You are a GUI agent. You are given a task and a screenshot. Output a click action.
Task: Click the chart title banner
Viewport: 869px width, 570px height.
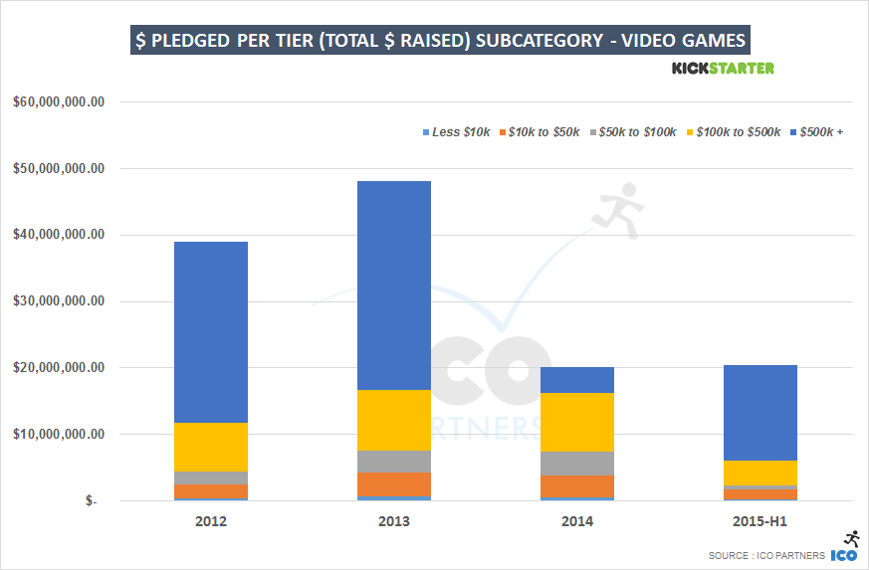[x=440, y=42]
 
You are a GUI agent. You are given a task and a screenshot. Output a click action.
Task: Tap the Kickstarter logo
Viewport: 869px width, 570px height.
[x=723, y=68]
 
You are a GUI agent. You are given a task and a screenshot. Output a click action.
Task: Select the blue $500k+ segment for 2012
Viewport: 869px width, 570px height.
[x=210, y=331]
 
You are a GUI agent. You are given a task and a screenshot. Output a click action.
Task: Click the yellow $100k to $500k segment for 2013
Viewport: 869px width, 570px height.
[x=394, y=420]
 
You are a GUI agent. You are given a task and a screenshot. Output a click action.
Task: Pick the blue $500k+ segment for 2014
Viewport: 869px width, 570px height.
[x=577, y=380]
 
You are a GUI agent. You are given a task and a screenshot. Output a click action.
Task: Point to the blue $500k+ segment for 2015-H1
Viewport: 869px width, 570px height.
[x=760, y=413]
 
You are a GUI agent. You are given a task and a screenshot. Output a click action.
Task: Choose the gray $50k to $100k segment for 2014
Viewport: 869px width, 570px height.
[x=577, y=464]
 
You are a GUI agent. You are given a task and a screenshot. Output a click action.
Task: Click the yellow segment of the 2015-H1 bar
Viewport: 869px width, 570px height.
[x=760, y=473]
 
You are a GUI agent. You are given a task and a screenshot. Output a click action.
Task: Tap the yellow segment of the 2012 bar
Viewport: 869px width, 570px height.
[x=210, y=447]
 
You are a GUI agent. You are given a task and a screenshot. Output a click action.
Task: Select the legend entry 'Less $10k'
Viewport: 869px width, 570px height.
[x=458, y=132]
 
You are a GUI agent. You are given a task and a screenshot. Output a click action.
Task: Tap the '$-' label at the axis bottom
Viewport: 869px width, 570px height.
[x=92, y=500]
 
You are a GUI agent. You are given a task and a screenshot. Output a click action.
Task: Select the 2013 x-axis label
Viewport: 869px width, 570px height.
[x=394, y=521]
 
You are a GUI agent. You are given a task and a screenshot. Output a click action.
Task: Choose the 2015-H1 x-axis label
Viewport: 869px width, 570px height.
[x=760, y=521]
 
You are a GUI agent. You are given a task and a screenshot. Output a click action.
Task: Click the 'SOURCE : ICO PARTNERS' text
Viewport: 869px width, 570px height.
[x=767, y=555]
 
